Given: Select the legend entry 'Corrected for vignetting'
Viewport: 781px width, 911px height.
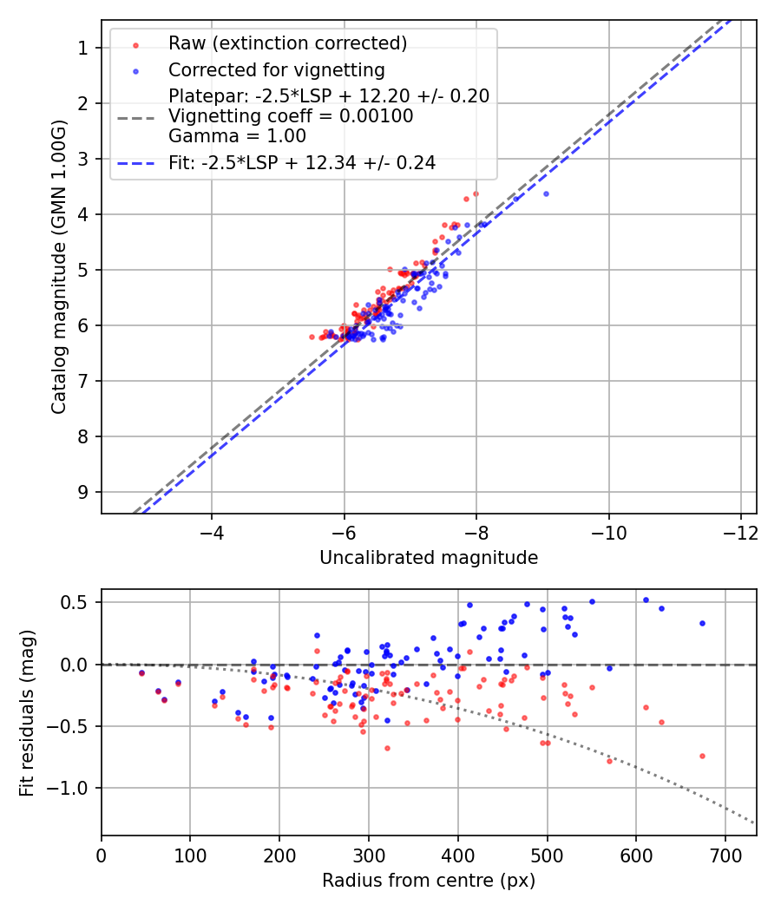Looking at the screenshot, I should (x=276, y=69).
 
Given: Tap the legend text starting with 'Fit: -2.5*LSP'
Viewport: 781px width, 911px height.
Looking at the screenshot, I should (x=302, y=162).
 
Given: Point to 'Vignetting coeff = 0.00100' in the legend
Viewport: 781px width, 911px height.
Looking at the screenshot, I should (x=291, y=115).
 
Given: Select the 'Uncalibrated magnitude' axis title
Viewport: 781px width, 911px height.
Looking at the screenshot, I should (x=429, y=558).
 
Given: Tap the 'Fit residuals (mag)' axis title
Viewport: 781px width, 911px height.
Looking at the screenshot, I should (x=27, y=712).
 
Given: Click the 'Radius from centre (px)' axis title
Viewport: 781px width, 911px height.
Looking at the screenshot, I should (x=429, y=881).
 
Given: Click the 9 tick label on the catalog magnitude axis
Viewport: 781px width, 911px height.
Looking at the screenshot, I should (x=83, y=492).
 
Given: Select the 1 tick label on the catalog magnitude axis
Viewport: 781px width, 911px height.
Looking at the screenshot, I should (x=83, y=48).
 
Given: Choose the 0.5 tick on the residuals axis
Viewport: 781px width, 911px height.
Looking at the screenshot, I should (x=79, y=602).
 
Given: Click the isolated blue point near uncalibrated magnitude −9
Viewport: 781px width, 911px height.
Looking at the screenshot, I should (x=546, y=193).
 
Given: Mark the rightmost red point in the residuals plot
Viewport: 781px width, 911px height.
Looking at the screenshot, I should (x=702, y=756).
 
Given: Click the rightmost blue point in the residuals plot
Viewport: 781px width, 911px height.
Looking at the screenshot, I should (x=702, y=623).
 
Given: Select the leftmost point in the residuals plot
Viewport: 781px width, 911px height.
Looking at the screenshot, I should (x=141, y=672).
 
